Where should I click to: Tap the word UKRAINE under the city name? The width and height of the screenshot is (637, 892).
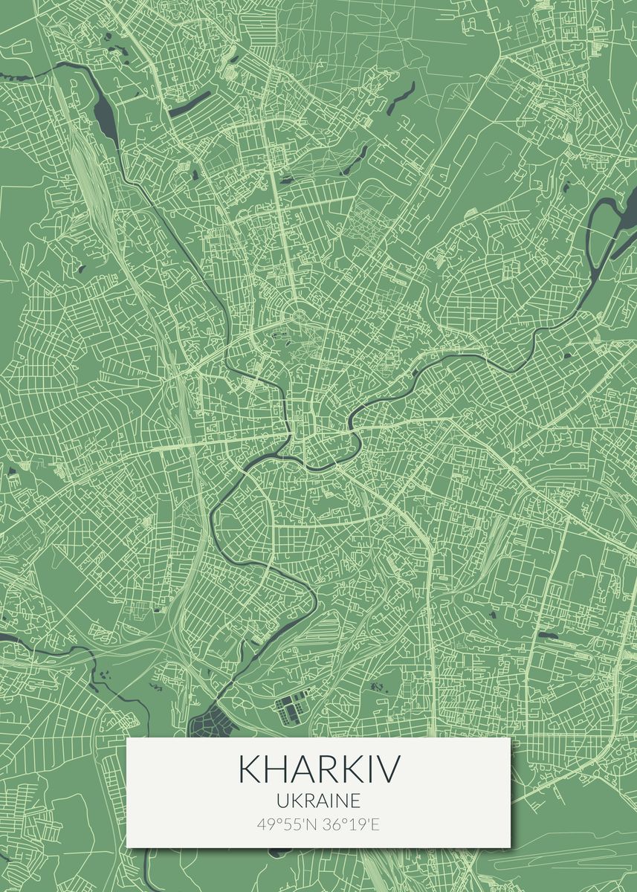coord(318,801)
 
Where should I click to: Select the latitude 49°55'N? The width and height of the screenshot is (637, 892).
coord(287,824)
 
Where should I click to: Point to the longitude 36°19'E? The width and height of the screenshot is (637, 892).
coord(350,824)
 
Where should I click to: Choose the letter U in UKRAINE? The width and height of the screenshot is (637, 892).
coord(281,801)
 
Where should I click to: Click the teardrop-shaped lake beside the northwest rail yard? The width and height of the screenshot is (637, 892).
coord(104,112)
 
